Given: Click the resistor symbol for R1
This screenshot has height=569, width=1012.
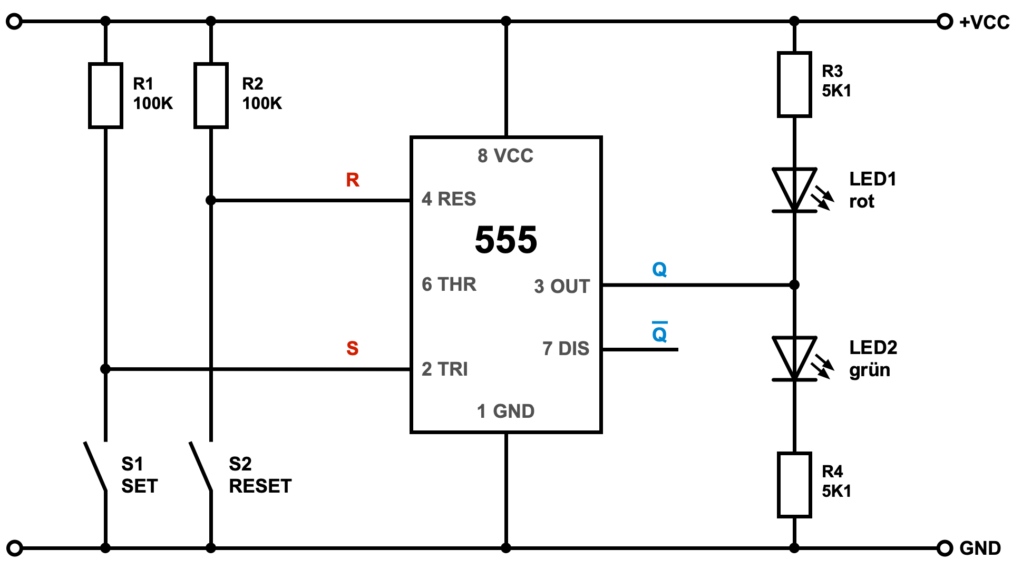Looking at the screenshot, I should point(105,95).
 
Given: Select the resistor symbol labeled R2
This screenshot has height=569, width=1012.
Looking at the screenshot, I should point(211,95).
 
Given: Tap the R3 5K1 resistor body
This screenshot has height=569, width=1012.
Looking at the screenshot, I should point(794,84).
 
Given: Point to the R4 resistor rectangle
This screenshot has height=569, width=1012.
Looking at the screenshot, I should point(794,485).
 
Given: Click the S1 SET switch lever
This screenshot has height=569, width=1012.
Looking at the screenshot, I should point(95,467).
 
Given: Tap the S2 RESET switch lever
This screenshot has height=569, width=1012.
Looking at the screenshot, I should point(201,467).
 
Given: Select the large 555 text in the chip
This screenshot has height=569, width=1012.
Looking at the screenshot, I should point(505,240).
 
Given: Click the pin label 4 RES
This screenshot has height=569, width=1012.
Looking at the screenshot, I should point(449,199).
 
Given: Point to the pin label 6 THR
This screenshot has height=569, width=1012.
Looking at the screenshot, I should point(449,284).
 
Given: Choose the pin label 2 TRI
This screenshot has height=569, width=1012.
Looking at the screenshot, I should point(444,369).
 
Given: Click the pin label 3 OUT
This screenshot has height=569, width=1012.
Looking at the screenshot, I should point(561,287).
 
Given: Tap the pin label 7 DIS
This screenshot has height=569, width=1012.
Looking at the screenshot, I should point(566,349).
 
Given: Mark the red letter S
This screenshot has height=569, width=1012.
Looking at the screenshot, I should point(353,348).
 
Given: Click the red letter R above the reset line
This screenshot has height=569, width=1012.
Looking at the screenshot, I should point(353,180).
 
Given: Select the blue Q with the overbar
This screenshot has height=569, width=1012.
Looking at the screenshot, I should point(659,333).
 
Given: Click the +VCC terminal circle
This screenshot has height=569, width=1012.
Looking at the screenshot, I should point(945,22).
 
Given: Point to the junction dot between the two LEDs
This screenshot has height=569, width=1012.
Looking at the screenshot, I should point(794,285).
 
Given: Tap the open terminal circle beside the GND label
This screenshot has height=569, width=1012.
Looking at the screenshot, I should point(945,548).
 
